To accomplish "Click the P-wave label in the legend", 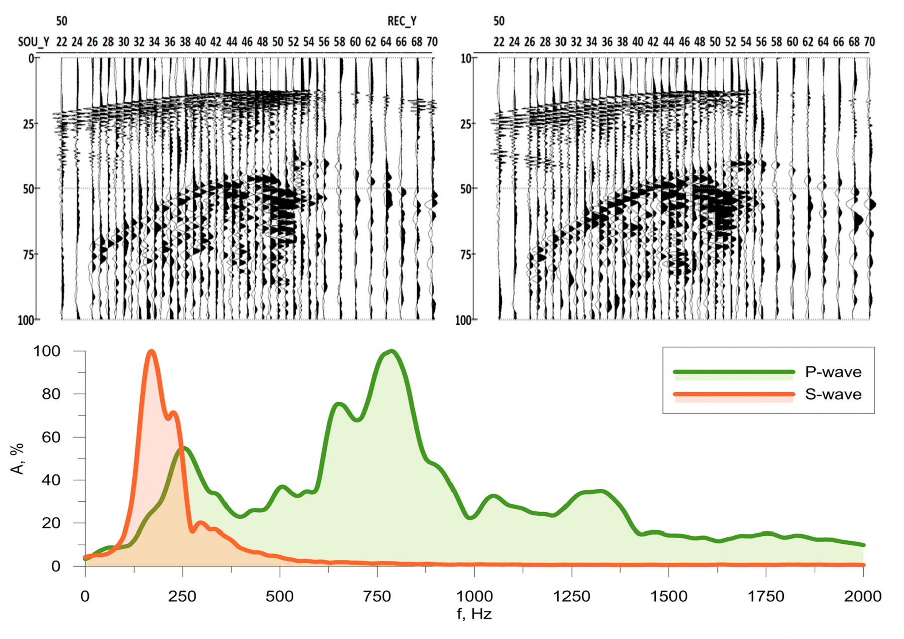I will point(833,372).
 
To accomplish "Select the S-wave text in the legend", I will point(833,394).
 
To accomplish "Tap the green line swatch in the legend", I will point(733,372).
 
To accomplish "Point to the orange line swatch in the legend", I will point(733,394).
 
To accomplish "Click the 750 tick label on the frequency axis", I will point(377,597).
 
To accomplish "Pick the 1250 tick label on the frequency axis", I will point(572,597).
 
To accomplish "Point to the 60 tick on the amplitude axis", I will point(51,437).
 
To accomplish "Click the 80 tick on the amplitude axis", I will point(51,394).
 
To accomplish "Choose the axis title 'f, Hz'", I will point(474,614).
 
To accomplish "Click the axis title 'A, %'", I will point(18,458).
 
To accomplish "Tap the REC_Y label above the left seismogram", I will point(402,21).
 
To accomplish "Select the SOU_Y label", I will point(34,42).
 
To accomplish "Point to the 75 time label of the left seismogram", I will point(28,255).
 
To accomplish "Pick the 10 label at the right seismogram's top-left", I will point(466,59).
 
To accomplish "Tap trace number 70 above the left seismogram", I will point(432,42).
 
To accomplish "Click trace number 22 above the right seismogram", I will point(499,42).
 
